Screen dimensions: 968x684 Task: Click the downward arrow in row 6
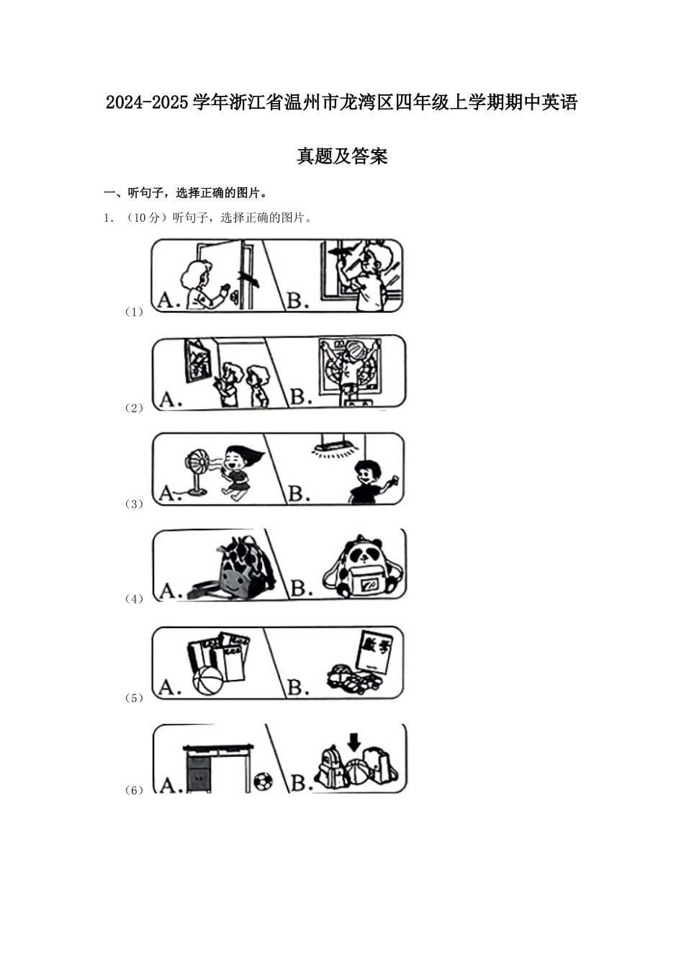354,741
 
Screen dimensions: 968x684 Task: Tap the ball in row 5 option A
207,681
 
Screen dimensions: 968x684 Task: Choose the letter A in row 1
168,300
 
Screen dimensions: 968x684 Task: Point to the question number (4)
135,599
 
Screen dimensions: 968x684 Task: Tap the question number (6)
135,790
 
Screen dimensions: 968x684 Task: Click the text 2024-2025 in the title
148,103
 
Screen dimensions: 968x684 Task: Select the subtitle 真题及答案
342,156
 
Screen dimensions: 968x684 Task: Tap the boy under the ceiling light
366,481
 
